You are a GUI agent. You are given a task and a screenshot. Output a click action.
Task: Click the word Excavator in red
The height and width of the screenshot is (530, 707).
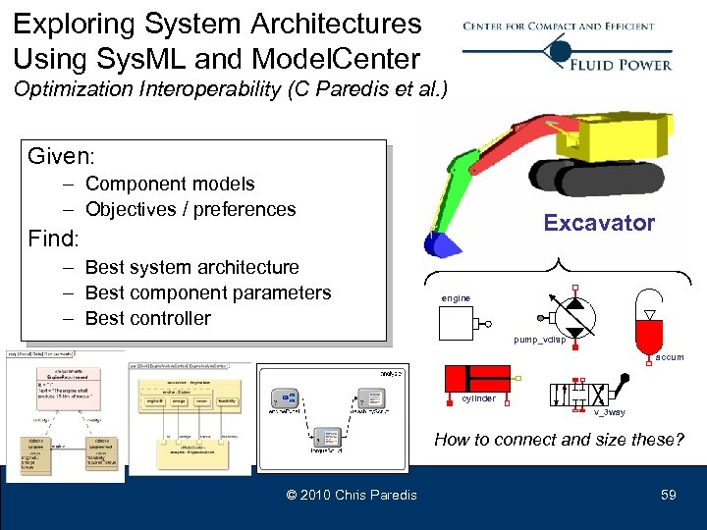(599, 223)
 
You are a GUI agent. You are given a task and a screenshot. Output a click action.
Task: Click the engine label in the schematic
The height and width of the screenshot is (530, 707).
(456, 297)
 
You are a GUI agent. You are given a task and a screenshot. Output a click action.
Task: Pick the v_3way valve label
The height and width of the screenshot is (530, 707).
(609, 413)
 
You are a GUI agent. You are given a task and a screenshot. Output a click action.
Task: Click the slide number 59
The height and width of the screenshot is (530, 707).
(668, 495)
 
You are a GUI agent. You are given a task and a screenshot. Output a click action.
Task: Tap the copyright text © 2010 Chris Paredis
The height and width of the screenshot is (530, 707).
(351, 495)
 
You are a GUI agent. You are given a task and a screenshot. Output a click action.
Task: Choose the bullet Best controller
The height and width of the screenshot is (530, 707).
(147, 318)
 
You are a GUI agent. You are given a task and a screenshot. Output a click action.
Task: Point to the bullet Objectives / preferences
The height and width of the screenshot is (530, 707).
(190, 209)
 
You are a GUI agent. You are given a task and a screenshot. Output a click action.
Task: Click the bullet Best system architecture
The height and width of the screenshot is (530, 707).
(191, 267)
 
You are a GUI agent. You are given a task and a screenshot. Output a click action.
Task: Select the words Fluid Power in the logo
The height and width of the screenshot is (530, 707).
(621, 64)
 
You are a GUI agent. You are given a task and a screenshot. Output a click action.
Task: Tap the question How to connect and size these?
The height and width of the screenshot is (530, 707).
(559, 439)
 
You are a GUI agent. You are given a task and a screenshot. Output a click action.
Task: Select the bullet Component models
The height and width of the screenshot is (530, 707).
(169, 184)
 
